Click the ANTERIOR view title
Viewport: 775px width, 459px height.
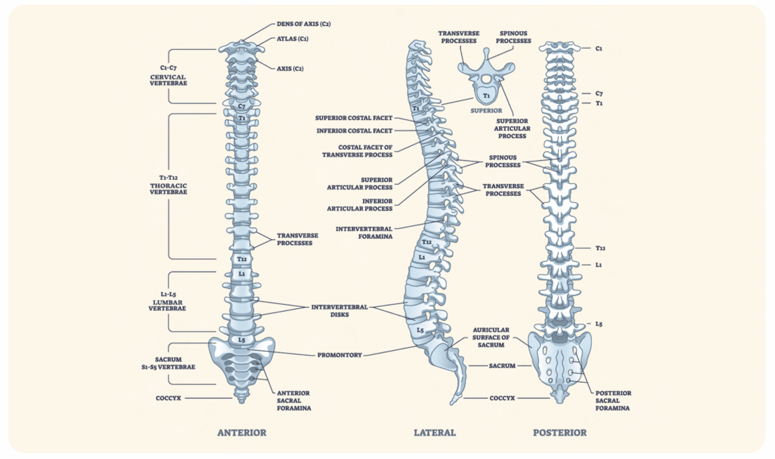241,433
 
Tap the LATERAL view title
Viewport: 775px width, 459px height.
434,433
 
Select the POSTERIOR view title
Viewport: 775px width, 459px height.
559,433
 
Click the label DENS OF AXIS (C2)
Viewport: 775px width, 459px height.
304,24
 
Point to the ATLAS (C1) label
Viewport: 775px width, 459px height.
292,39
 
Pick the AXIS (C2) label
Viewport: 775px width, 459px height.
290,68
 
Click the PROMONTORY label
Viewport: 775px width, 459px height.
339,355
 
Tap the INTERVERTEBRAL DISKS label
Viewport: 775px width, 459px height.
339,311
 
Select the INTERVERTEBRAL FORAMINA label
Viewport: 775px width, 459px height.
364,232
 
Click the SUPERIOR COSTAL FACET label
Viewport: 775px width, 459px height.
353,118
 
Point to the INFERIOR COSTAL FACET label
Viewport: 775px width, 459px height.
354,130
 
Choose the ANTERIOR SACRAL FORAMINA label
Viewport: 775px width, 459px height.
294,400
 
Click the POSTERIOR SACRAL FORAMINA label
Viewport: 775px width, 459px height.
613,400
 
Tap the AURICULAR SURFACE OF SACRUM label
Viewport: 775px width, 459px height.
491,337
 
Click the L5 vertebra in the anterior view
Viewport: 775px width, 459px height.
241,340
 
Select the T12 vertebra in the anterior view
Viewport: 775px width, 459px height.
241,259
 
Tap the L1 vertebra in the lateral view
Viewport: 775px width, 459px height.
422,257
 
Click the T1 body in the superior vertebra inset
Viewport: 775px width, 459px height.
486,96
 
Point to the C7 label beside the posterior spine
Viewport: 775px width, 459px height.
599,93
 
